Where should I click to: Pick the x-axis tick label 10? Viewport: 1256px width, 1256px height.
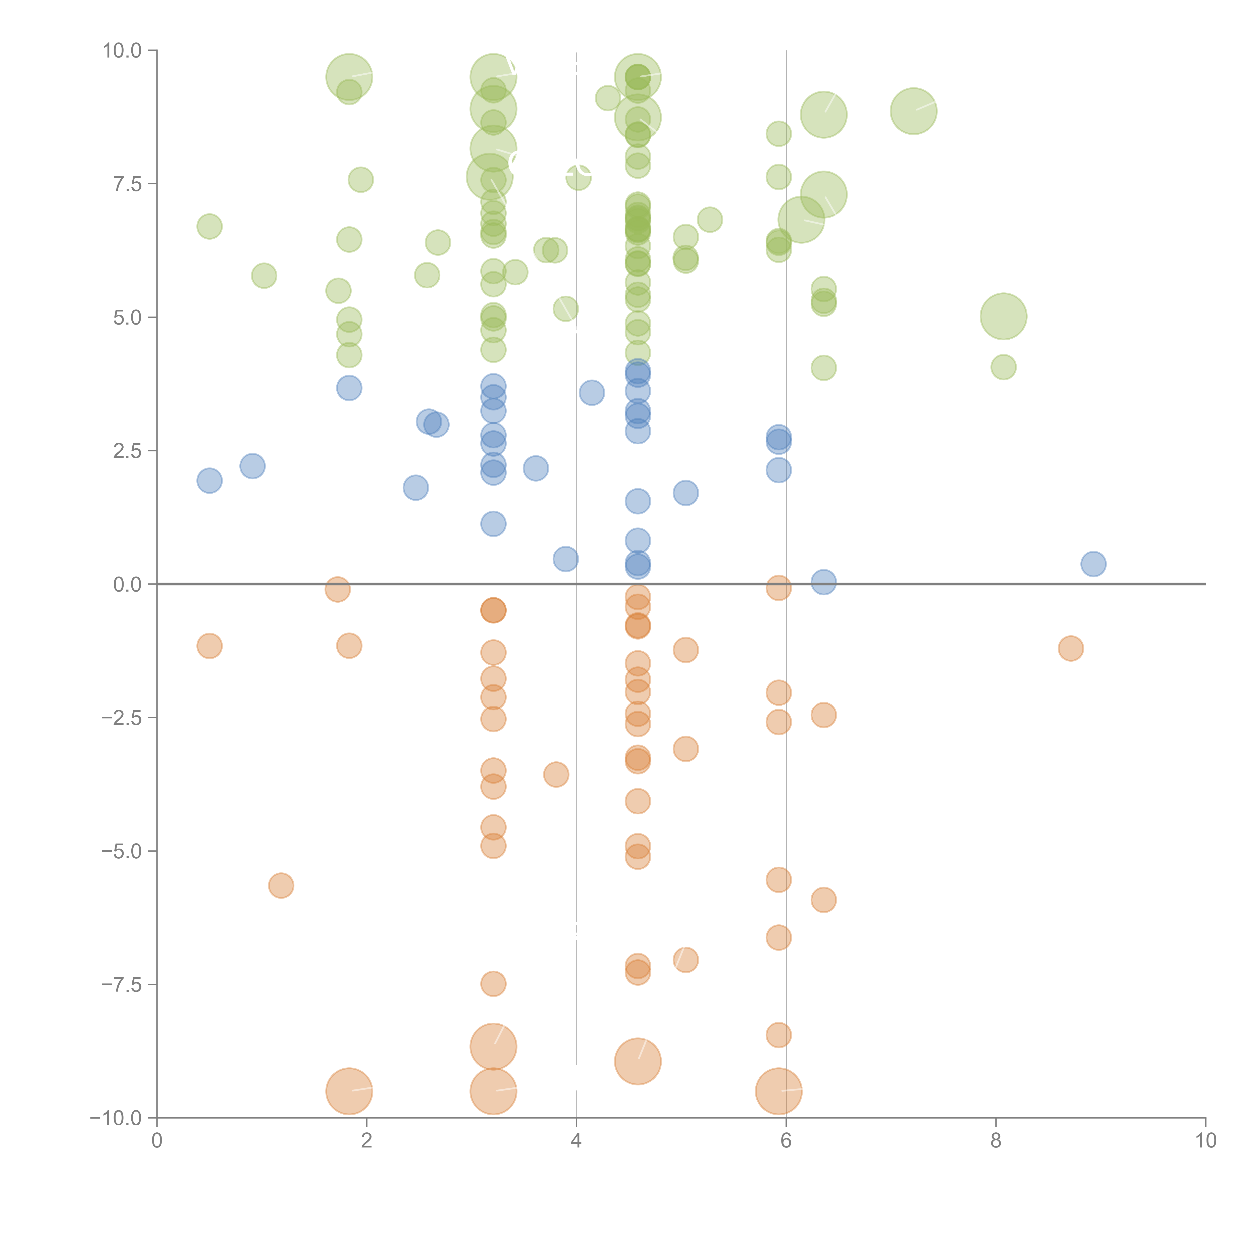tap(1205, 1141)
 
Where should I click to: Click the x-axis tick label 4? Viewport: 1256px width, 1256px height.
tap(576, 1141)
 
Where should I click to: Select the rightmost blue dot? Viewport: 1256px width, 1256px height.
tap(1093, 564)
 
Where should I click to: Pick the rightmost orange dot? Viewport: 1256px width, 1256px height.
tap(1071, 648)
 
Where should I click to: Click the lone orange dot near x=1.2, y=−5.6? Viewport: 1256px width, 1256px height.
tap(281, 885)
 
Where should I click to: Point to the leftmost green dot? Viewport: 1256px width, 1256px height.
tap(209, 226)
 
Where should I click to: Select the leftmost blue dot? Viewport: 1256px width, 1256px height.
tap(209, 481)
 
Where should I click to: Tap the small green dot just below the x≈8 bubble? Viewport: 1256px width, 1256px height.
tap(1003, 367)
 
